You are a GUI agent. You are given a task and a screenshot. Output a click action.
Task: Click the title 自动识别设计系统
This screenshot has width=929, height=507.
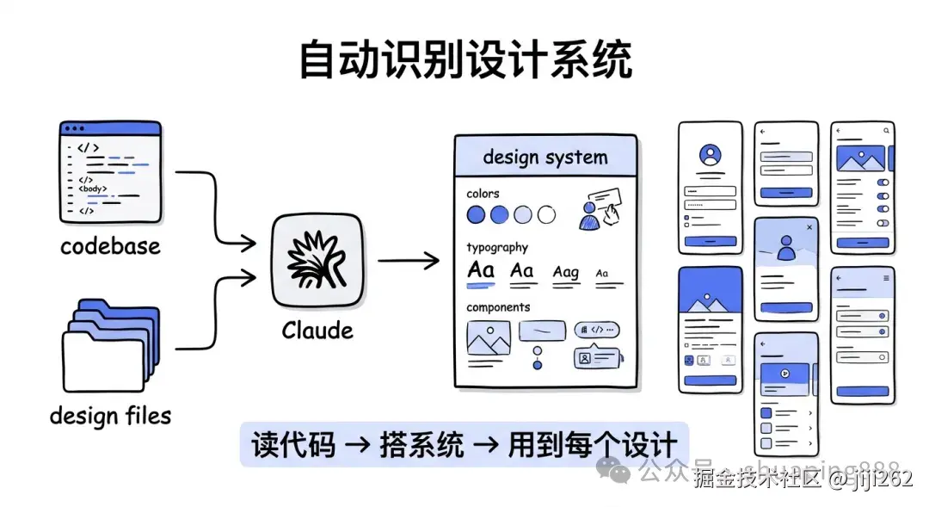click(464, 60)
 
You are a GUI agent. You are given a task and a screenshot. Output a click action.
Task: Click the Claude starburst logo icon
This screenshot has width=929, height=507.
click(317, 258)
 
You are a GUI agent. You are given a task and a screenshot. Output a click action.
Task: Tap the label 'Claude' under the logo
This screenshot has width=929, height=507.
click(317, 331)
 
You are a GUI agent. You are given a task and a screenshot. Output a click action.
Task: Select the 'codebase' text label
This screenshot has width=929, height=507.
click(110, 246)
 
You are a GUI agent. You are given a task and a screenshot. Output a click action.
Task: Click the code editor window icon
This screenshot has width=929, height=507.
click(110, 170)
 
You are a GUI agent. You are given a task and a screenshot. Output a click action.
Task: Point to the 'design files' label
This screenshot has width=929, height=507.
click(110, 416)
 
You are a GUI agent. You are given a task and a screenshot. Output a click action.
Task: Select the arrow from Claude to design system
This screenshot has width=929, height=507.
click(409, 261)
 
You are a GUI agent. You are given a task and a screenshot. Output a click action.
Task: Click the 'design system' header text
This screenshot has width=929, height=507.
click(545, 158)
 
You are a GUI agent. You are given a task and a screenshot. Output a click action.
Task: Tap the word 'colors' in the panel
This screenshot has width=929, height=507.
click(483, 194)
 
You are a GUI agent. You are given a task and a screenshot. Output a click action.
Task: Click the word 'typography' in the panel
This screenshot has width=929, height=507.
click(497, 247)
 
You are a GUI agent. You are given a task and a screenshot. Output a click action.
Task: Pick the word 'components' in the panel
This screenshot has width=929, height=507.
click(498, 307)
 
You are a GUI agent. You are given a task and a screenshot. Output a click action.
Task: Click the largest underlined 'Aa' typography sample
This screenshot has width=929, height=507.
click(481, 270)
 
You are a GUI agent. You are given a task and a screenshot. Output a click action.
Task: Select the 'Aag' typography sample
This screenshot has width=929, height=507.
click(565, 272)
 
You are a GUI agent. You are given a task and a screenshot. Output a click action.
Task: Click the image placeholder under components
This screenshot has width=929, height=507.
click(489, 338)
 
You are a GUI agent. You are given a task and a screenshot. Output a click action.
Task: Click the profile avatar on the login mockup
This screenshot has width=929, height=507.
click(711, 156)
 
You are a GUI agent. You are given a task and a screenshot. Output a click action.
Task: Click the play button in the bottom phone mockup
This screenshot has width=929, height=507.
click(784, 374)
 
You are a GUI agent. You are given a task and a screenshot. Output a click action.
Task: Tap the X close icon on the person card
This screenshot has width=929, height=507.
click(809, 227)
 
